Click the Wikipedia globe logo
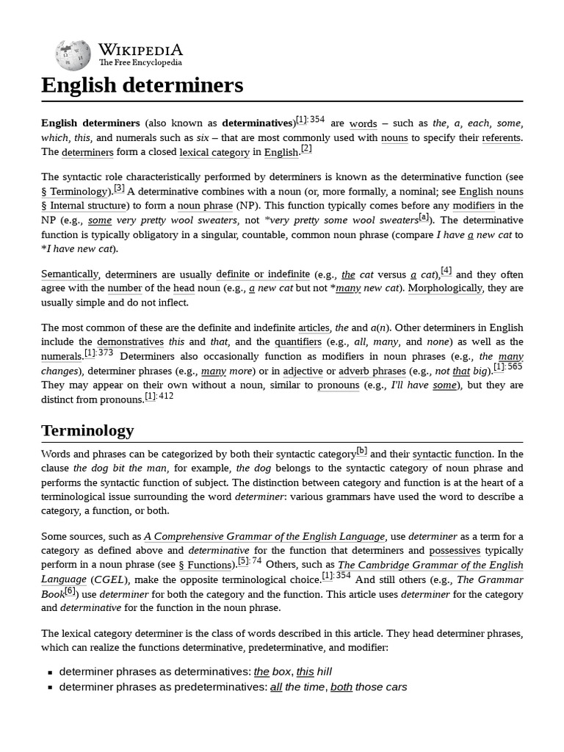click(x=72, y=55)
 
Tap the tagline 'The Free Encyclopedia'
click(x=140, y=63)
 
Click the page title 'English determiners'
click(x=142, y=85)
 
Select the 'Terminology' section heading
click(x=87, y=430)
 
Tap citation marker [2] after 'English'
click(x=306, y=149)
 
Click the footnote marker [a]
click(x=424, y=217)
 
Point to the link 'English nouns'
click(x=491, y=192)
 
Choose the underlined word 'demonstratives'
click(x=131, y=342)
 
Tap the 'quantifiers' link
click(x=298, y=342)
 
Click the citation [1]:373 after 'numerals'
click(x=99, y=353)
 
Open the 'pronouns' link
click(x=338, y=386)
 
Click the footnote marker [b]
click(x=362, y=451)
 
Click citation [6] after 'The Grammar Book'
click(x=70, y=590)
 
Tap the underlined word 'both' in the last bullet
click(x=341, y=687)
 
